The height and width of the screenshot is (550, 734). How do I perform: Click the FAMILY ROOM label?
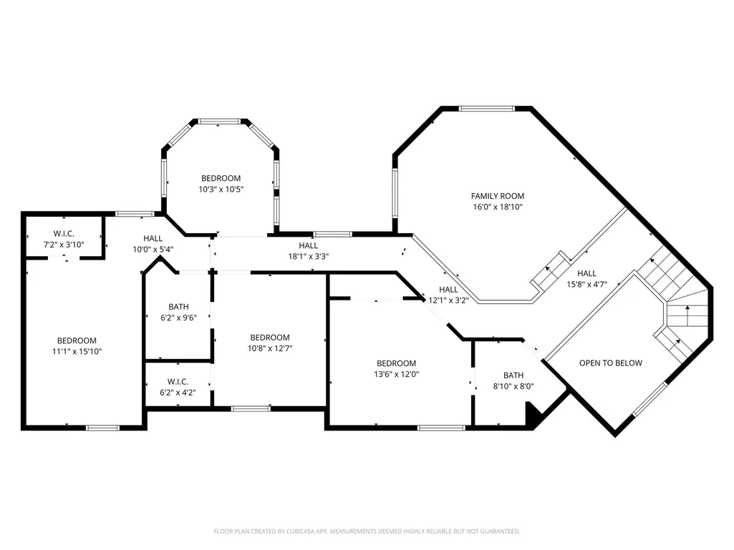[x=497, y=196]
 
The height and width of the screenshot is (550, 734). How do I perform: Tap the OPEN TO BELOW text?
[x=610, y=363]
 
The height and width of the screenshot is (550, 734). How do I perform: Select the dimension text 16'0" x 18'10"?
[x=497, y=207]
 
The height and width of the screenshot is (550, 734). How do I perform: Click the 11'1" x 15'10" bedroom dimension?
[x=77, y=352]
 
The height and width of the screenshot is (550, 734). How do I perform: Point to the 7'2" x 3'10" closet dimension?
[x=64, y=244]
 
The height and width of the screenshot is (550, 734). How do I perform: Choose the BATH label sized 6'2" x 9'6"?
[x=178, y=307]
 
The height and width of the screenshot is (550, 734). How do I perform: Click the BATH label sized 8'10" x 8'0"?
[x=513, y=375]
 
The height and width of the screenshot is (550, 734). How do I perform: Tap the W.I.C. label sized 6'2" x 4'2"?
[x=178, y=382]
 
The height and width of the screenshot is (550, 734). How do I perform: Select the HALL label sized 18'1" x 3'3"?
[x=309, y=245]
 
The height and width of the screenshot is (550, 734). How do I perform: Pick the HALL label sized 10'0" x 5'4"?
[x=153, y=238]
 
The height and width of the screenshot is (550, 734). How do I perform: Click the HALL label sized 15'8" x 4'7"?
[x=586, y=274]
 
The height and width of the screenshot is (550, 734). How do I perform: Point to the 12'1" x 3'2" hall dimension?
[x=448, y=300]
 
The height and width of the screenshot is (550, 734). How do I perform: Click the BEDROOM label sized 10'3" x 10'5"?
[x=221, y=178]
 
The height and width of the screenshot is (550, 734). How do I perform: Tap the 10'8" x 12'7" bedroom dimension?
[x=270, y=348]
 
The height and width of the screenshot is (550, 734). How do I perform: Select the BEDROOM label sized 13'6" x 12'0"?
[x=396, y=363]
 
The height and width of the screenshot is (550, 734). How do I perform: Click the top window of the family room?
[x=487, y=109]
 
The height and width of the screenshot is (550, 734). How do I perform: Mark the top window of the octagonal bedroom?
[x=220, y=121]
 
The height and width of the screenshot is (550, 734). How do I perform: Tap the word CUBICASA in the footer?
[x=301, y=531]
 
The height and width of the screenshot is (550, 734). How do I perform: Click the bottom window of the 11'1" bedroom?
[x=102, y=428]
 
